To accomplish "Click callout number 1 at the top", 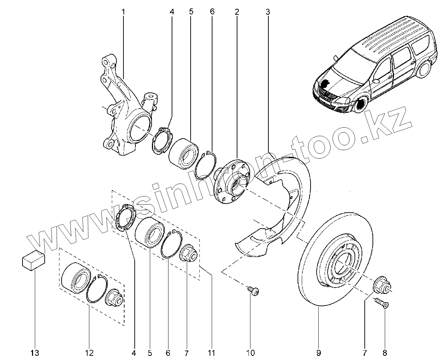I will coord(123,12).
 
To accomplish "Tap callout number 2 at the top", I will coord(237,12).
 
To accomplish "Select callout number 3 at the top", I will coord(268,12).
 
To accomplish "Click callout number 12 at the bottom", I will coord(89,353).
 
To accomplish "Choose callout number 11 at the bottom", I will coord(211,353).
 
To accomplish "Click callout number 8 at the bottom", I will coord(384,353).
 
